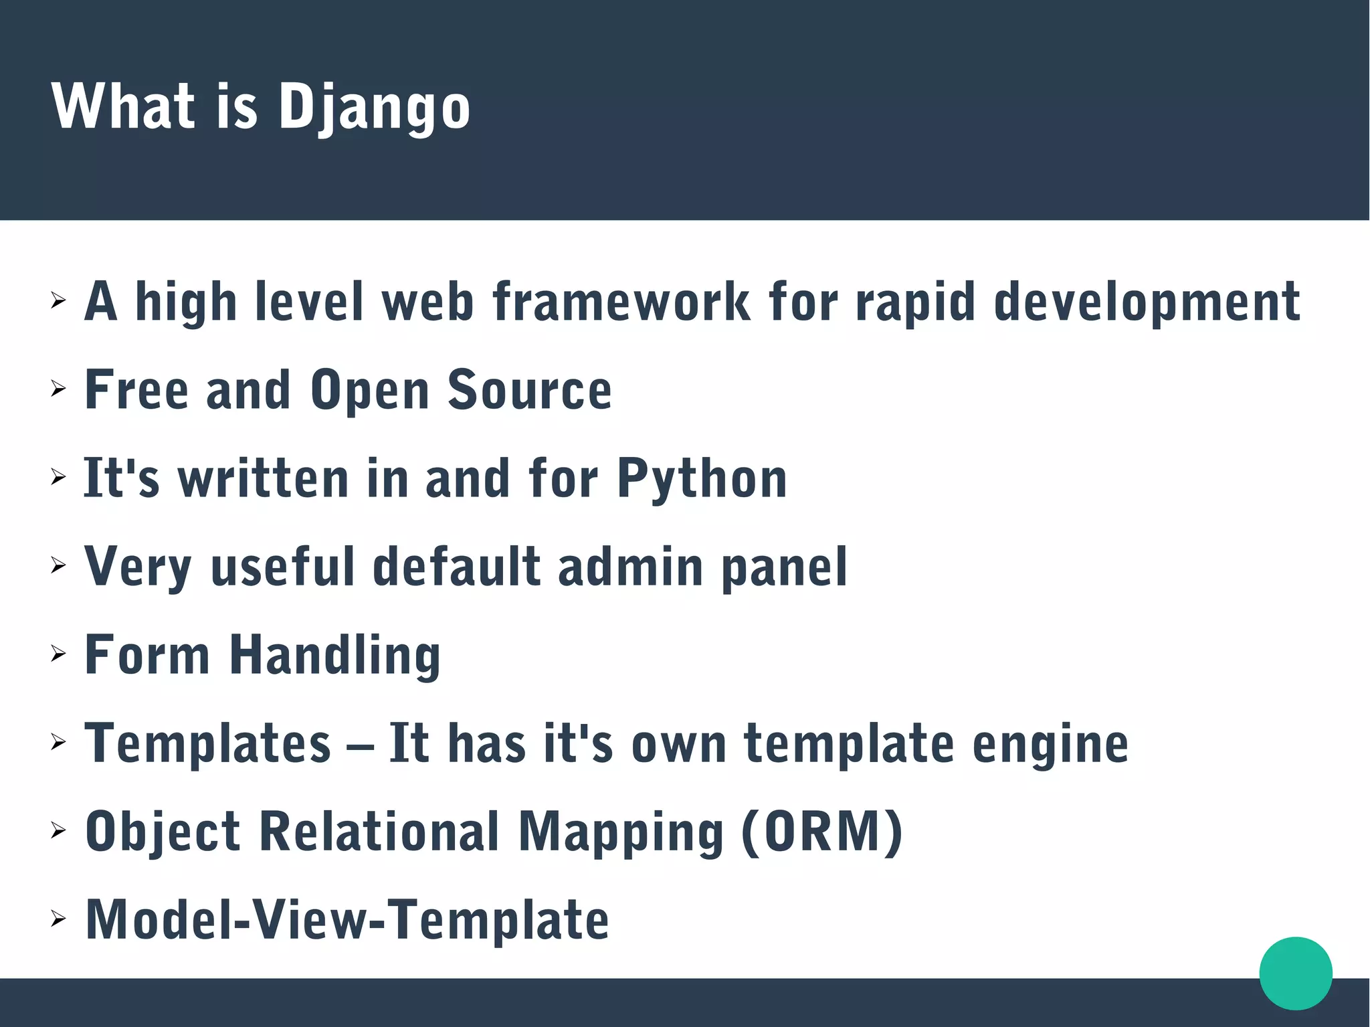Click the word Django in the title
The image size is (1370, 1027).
374,107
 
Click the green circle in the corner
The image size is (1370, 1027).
1295,973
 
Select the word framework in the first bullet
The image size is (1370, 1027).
621,302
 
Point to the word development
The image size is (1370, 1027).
1147,303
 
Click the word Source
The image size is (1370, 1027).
529,390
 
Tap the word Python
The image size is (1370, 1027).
702,479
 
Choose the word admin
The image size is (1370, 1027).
630,567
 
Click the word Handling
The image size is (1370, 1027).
335,656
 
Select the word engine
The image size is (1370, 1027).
1050,745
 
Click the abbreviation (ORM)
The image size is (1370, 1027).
822,832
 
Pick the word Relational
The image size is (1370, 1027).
379,832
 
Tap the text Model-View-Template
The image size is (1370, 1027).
347,920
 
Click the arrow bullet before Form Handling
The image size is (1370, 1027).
59,654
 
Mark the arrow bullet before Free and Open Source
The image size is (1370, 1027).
59,389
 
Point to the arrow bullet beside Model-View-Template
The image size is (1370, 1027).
59,919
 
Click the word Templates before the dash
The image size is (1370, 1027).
208,743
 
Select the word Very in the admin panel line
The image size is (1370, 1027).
138,568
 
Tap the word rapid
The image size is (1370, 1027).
914,303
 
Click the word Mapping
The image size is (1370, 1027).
621,833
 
